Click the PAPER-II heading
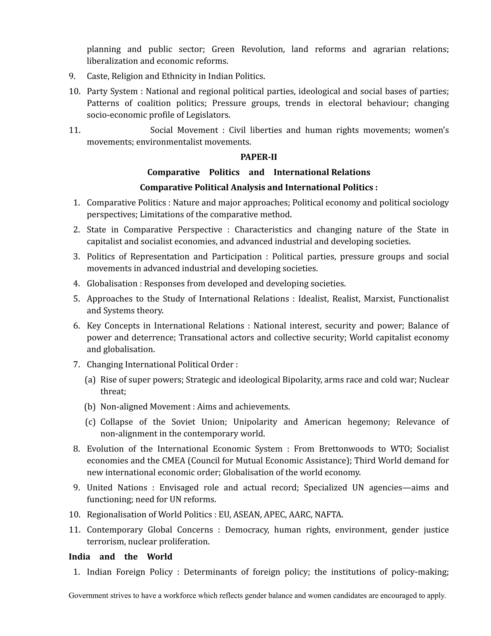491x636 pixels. (x=259, y=157)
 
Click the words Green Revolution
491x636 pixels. (x=247, y=49)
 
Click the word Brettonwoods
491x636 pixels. (x=346, y=449)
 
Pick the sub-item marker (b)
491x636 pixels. (x=90, y=407)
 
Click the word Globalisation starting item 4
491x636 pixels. (x=112, y=283)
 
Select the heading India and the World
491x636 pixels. (x=120, y=557)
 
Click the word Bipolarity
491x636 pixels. (x=302, y=380)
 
